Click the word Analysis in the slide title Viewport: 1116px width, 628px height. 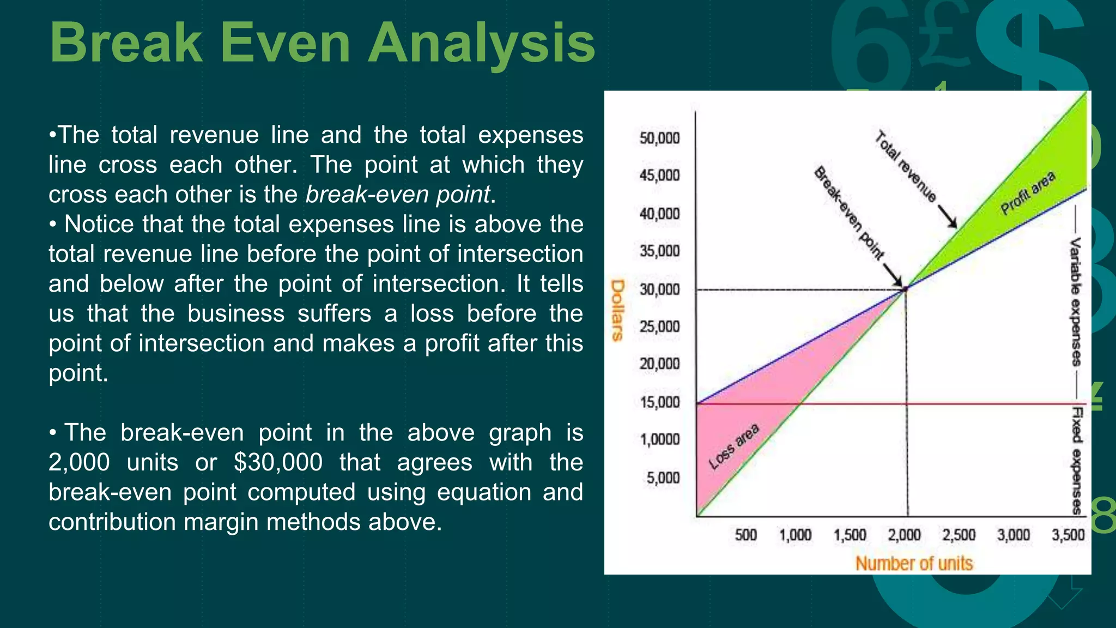[x=482, y=44]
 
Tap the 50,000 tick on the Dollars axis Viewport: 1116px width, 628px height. [x=659, y=138]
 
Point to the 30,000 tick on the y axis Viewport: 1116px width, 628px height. [x=659, y=289]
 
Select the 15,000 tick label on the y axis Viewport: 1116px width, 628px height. [x=659, y=402]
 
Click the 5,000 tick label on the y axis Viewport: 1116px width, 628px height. [x=663, y=478]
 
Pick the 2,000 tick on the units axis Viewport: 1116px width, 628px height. [x=905, y=535]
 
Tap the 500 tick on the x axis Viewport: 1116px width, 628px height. [x=745, y=535]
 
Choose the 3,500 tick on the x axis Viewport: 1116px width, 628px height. [x=1068, y=535]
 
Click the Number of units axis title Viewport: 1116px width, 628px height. [x=914, y=563]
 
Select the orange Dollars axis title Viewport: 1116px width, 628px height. [x=617, y=310]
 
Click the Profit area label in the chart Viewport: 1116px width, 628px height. [x=1028, y=193]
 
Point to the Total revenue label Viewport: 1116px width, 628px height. [x=905, y=166]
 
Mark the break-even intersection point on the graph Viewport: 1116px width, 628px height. [x=906, y=288]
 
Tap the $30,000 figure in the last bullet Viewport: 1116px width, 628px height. [x=278, y=462]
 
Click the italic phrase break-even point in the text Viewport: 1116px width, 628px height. [x=398, y=195]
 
